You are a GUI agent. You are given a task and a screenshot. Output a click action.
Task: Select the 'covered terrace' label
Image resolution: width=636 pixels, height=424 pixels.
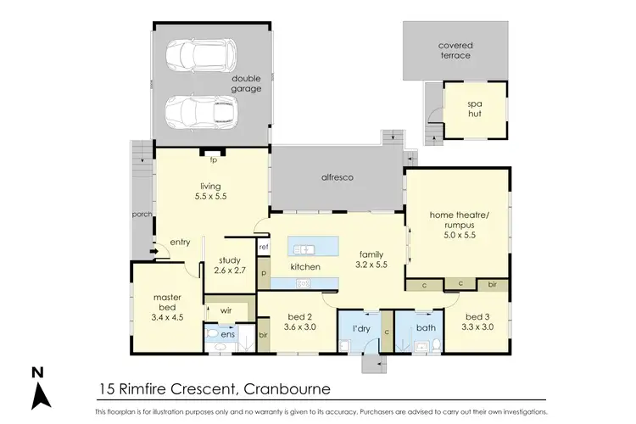click(455, 50)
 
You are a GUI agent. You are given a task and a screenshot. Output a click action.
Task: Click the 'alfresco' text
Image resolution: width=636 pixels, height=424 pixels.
click(337, 178)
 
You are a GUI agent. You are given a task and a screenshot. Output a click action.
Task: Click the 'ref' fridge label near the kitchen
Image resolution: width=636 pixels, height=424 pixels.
click(264, 247)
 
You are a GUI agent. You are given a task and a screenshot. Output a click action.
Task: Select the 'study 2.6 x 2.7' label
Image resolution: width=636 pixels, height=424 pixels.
click(231, 265)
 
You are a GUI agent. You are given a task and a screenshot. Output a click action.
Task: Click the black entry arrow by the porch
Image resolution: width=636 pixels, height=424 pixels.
click(153, 251)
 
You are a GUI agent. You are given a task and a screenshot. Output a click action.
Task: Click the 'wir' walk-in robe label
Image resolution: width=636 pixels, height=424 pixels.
click(226, 310)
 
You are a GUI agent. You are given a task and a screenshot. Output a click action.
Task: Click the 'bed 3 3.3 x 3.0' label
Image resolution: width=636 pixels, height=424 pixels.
click(479, 309)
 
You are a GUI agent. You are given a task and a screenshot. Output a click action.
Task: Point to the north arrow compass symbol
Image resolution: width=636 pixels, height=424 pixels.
click(38, 389)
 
